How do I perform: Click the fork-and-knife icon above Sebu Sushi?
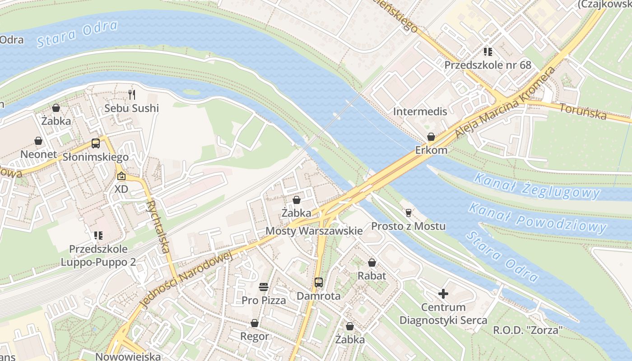[x=132, y=94]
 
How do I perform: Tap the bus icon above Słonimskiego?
[x=96, y=143]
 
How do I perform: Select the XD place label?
[x=121, y=189]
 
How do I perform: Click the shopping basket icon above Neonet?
[x=38, y=141]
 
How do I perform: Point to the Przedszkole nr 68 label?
[x=488, y=65]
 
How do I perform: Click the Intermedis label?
[x=420, y=111]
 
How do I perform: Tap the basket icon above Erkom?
[x=431, y=137]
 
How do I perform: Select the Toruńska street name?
[x=583, y=111]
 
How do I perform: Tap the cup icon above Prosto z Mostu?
[x=409, y=213]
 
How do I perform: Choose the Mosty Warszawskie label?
[x=314, y=231]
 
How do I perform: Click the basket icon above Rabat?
[x=372, y=262]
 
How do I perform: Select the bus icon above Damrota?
[x=319, y=283]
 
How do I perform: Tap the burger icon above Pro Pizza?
[x=264, y=287]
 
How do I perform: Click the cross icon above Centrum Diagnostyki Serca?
[x=443, y=294]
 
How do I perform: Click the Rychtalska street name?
[x=158, y=226]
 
